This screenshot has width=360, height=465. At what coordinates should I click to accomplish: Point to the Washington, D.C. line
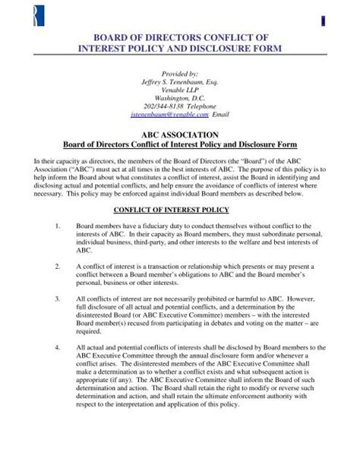click(x=179, y=98)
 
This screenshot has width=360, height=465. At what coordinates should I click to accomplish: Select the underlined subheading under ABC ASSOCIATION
click(x=179, y=144)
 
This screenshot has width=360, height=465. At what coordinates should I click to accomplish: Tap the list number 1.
click(x=58, y=226)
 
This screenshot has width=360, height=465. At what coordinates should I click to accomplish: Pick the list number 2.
click(x=58, y=267)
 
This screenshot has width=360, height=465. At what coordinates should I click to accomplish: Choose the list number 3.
click(x=58, y=300)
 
